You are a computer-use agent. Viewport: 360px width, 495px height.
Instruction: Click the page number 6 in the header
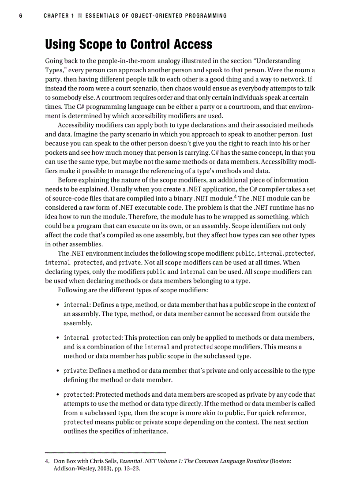[20, 16]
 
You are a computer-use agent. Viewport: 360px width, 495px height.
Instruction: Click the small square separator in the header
[80, 16]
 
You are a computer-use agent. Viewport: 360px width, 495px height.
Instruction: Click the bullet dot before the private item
[58, 371]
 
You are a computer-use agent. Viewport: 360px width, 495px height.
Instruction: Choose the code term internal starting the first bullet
[77, 305]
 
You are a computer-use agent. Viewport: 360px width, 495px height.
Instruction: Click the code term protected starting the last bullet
[78, 395]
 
